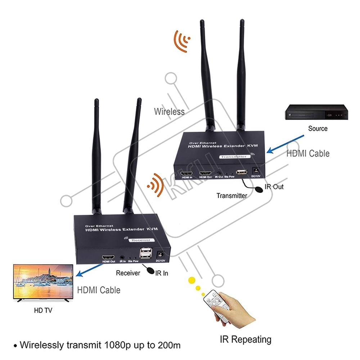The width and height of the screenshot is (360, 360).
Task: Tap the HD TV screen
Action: tap(43, 282)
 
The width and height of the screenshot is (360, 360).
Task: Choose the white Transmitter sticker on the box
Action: tap(234, 156)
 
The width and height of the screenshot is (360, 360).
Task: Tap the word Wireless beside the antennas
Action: tap(169, 112)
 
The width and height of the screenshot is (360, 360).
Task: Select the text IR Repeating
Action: tap(246, 339)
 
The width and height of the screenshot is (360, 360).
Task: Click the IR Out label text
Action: tap(274, 186)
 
